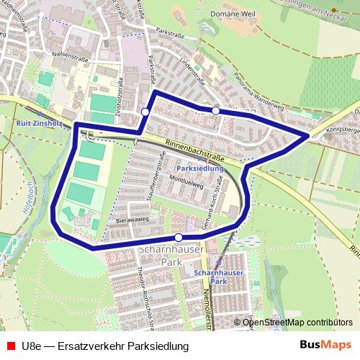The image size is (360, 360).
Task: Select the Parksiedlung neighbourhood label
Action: click(x=199, y=168)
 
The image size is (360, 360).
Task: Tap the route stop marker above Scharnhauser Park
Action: click(x=179, y=237)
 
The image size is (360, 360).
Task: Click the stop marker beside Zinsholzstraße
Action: click(x=145, y=112)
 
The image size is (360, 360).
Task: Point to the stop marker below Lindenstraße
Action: click(x=215, y=110)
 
